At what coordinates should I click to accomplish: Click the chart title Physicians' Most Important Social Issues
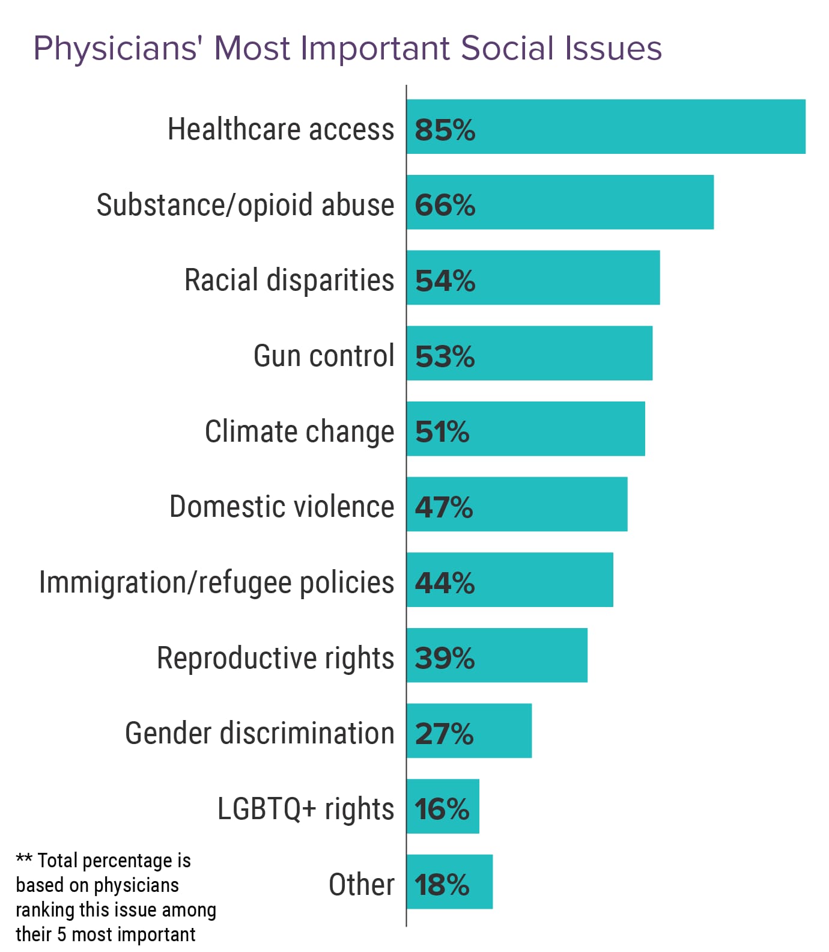[x=347, y=48]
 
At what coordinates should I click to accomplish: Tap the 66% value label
[x=445, y=205]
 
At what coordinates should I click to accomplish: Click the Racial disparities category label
[x=289, y=280]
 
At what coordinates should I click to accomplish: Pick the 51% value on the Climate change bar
[x=442, y=432]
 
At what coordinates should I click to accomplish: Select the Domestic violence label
[x=282, y=507]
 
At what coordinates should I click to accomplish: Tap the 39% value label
[x=445, y=658]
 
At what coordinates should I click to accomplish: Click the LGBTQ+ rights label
[x=306, y=809]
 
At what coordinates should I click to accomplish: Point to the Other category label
[x=362, y=885]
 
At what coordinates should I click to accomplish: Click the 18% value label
[x=442, y=885]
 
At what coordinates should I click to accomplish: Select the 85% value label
[x=445, y=129]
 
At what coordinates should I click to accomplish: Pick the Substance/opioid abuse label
[x=245, y=205]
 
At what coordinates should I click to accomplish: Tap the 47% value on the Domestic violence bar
[x=443, y=507]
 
